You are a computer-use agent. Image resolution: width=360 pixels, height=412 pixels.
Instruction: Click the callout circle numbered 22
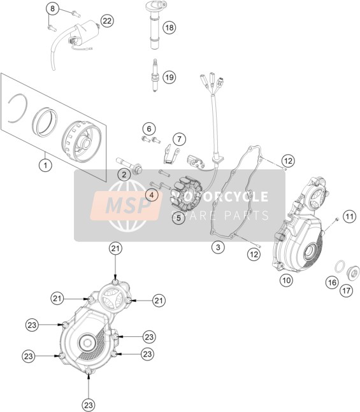[107, 21]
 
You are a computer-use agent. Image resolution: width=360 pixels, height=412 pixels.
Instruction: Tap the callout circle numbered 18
[169, 27]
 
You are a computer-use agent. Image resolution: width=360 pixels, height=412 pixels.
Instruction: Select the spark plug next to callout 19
[155, 75]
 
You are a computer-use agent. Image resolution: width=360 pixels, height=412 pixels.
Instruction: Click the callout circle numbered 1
[45, 166]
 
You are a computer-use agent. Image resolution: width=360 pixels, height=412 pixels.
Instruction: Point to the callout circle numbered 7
[179, 139]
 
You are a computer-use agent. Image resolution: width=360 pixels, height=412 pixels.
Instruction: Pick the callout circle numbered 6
[149, 129]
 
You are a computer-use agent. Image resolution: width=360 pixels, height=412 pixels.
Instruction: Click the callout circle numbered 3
[218, 247]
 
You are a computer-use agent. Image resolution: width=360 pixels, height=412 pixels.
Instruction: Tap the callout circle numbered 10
[286, 280]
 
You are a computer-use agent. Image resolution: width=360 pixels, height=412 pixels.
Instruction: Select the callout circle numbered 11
[349, 217]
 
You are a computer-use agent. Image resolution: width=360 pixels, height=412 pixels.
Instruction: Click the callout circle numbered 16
[332, 283]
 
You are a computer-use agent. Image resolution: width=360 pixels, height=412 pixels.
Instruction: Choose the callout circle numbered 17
[347, 290]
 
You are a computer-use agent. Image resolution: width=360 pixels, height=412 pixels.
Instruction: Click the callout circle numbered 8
[53, 9]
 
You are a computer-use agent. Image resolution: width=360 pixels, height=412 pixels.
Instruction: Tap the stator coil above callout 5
[186, 194]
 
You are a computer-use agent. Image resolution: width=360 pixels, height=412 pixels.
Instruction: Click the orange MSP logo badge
[126, 206]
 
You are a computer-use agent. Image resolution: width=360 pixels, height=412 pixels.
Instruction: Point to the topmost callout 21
[116, 248]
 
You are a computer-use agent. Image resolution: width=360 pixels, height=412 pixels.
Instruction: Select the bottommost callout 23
[89, 405]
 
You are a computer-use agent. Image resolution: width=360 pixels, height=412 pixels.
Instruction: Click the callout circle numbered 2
[124, 174]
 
